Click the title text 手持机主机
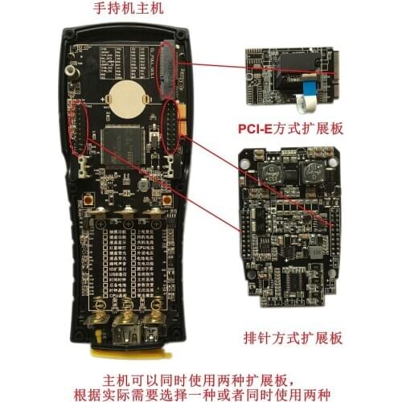click(129, 10)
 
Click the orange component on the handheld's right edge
click(183, 127)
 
